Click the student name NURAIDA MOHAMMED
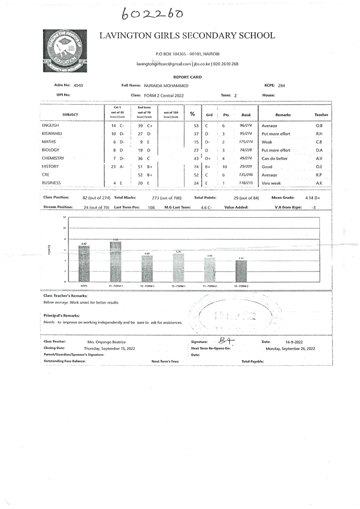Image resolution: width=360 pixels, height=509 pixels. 169,85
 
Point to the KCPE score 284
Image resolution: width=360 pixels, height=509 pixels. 281,85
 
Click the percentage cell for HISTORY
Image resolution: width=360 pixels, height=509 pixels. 196,167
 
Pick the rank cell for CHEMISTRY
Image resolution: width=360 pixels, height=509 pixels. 246,159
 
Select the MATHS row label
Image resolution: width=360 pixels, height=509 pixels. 49,142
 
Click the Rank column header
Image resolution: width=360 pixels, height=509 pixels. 246,114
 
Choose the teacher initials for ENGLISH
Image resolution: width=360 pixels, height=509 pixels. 319,126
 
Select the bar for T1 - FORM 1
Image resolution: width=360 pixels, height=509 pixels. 115,261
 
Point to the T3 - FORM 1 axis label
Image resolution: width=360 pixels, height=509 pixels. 178,286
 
